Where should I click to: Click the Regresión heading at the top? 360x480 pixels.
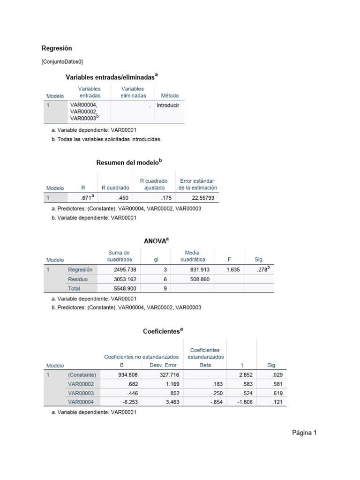pos(57,48)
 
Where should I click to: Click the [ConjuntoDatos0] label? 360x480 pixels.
pos(62,61)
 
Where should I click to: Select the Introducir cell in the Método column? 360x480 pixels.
pos(168,105)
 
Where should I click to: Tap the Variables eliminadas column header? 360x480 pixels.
pos(133,92)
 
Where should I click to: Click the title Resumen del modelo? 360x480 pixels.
pos(129,162)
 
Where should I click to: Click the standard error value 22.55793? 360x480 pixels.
pos(203,198)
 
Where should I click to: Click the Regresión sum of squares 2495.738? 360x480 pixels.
pos(124,270)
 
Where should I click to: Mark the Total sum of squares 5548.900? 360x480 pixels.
pos(124,289)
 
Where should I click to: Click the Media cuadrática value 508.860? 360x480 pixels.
pos(199,279)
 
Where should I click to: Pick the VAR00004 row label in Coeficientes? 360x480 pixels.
pos(81,402)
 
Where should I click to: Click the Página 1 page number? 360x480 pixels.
pos(304,433)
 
